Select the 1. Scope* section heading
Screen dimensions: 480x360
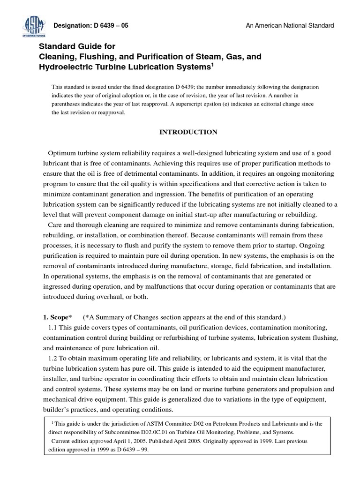click(60, 317)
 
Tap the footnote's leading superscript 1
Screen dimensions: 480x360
click(52, 422)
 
